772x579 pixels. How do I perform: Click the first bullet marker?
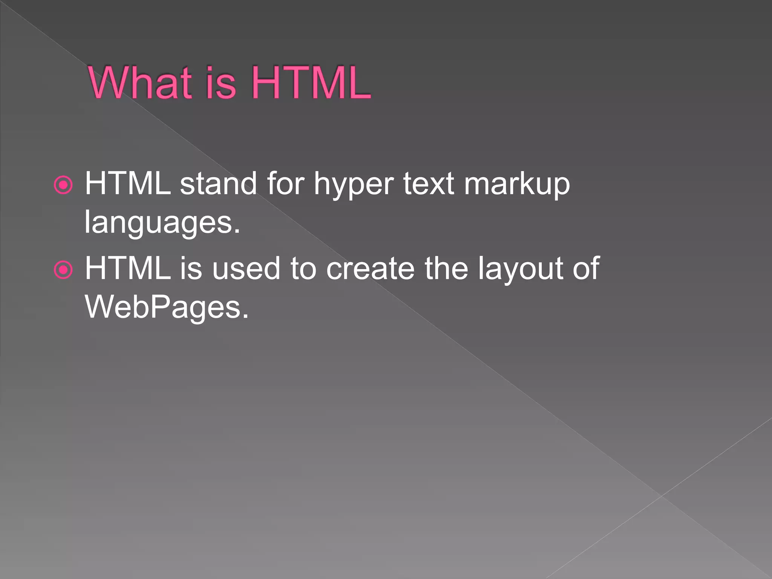[63, 185]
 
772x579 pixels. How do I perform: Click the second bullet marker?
[63, 270]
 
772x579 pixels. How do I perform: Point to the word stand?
[218, 184]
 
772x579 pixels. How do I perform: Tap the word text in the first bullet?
[429, 184]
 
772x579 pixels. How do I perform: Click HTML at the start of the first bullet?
[128, 184]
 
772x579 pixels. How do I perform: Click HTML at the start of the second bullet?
[128, 268]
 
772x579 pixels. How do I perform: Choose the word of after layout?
[586, 268]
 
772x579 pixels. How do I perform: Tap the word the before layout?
[446, 268]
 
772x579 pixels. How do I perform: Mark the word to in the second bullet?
[303, 268]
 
